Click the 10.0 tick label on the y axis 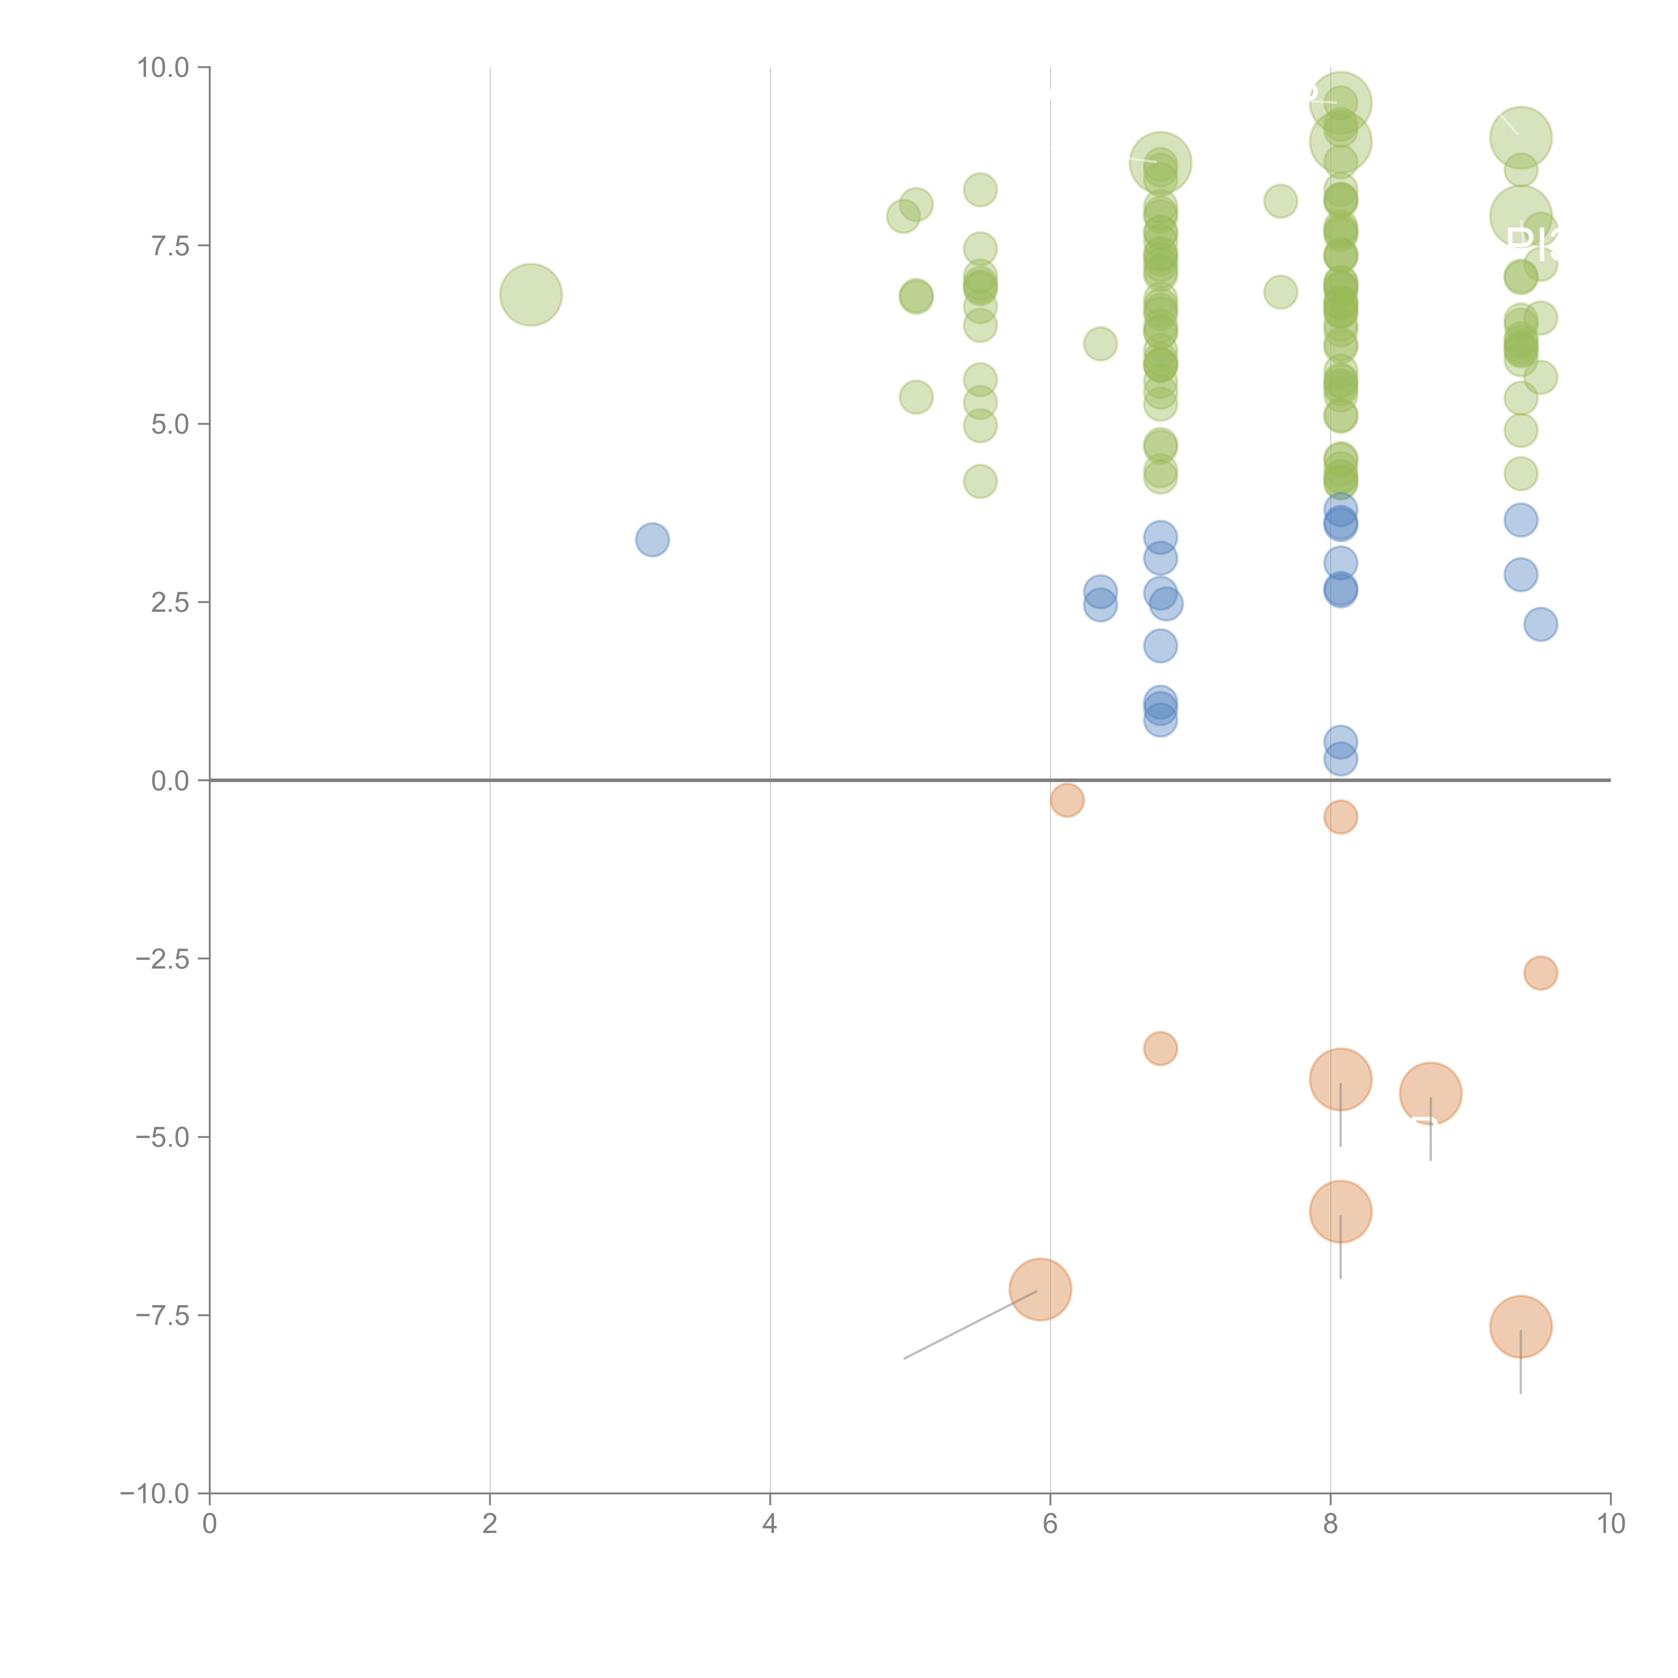point(163,68)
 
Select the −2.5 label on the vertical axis point(163,959)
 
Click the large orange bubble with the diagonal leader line point(1040,1290)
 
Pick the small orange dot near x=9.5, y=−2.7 point(1540,973)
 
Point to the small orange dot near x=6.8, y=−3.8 point(1161,1048)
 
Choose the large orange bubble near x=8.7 point(1430,1093)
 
